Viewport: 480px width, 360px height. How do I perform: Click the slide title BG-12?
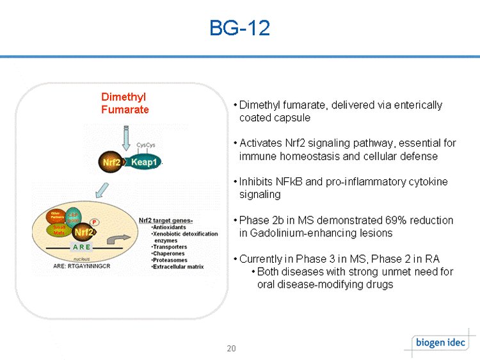click(x=240, y=28)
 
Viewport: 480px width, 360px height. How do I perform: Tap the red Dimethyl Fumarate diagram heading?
click(x=125, y=103)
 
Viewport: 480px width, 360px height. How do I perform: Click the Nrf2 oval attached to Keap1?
click(x=112, y=162)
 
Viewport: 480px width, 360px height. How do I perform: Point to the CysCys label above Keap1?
click(x=146, y=145)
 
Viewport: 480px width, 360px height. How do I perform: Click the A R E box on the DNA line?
click(x=81, y=247)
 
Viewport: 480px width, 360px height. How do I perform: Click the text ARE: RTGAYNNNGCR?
click(x=80, y=265)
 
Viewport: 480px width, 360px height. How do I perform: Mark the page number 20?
click(x=231, y=348)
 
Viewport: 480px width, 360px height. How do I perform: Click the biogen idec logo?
click(x=440, y=342)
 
